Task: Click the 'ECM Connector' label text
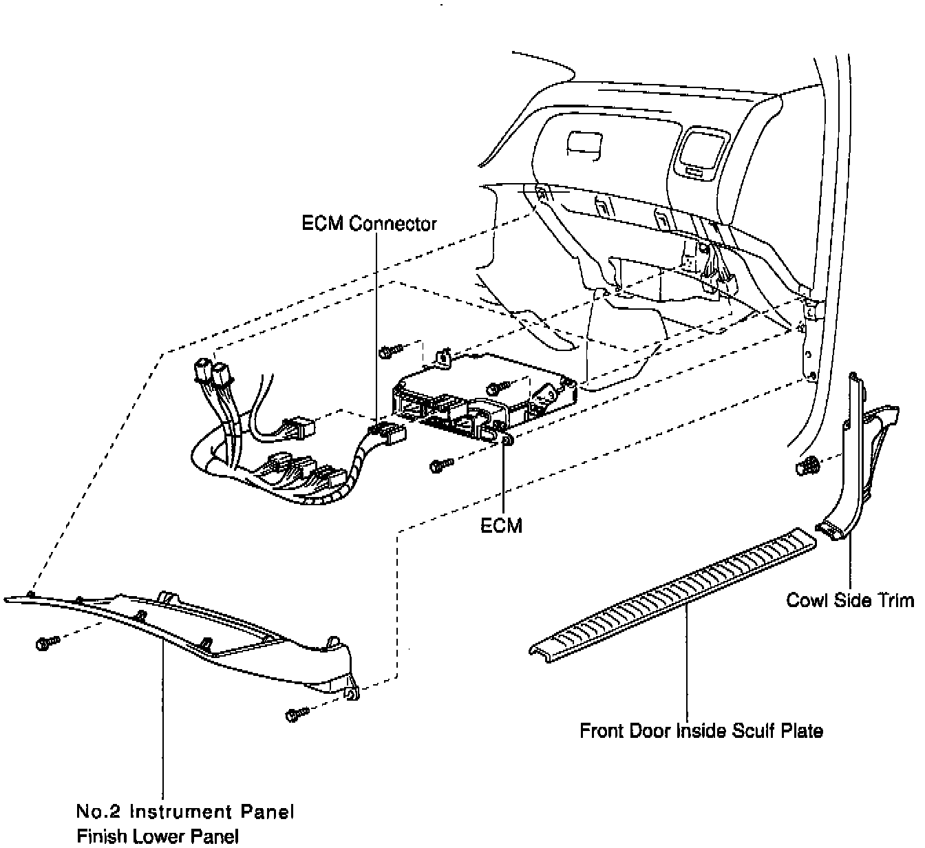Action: click(369, 224)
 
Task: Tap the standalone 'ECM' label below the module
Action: click(501, 525)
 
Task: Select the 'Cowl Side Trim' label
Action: click(849, 600)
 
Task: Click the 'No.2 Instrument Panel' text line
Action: click(185, 812)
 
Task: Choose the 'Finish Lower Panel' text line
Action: click(158, 836)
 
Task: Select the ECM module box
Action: click(482, 396)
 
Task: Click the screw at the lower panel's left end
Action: click(46, 643)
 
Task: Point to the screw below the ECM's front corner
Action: click(440, 466)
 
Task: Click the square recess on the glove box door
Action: click(582, 145)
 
